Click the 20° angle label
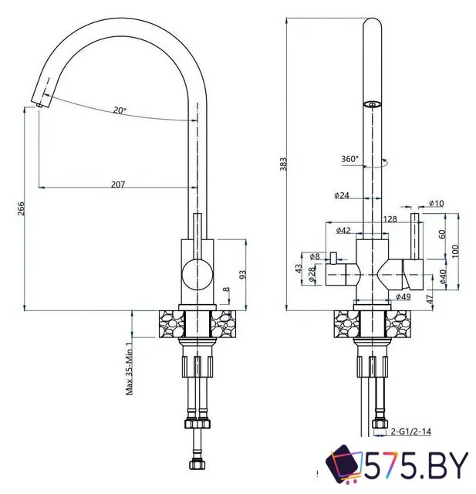120,110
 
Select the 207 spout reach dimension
118,184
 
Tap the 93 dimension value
243,274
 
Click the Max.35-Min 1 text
130,368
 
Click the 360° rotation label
349,159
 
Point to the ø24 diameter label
343,196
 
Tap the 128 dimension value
390,219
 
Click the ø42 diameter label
344,230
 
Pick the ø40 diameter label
443,276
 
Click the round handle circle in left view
194,275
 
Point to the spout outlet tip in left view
39,102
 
